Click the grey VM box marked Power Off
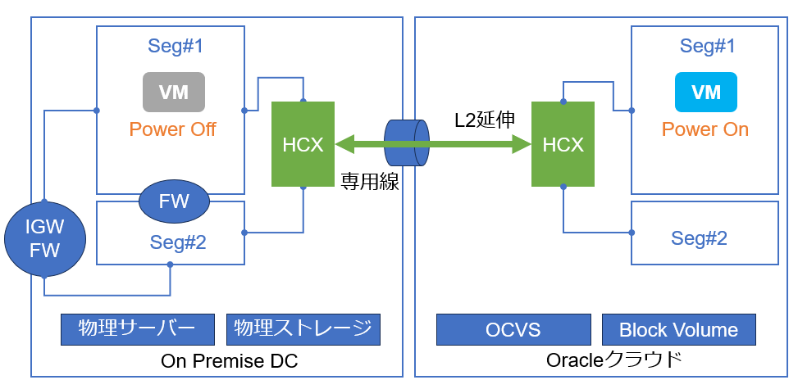click(174, 92)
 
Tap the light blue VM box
click(706, 92)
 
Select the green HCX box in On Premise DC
click(303, 144)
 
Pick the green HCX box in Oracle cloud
click(563, 144)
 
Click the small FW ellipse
click(174, 202)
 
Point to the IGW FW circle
click(45, 239)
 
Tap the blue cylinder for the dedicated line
click(407, 142)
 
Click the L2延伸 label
click(485, 120)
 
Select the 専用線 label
click(370, 182)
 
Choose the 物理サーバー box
click(138, 329)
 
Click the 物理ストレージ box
click(303, 329)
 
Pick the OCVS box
click(513, 329)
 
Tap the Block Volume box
click(679, 329)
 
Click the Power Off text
click(172, 129)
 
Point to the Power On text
click(705, 129)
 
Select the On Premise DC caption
click(229, 361)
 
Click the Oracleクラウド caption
click(614, 360)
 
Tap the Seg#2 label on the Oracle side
click(700, 238)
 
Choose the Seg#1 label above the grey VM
click(176, 46)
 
